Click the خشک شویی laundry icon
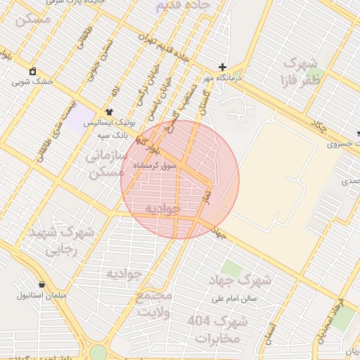32,71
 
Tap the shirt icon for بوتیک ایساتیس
109,112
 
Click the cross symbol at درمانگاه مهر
223,67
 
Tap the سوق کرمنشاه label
158,167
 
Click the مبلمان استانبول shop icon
42,285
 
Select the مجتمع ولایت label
154,302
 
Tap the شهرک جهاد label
240,280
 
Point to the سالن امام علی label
234,298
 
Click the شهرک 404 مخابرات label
218,329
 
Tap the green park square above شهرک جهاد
229,268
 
